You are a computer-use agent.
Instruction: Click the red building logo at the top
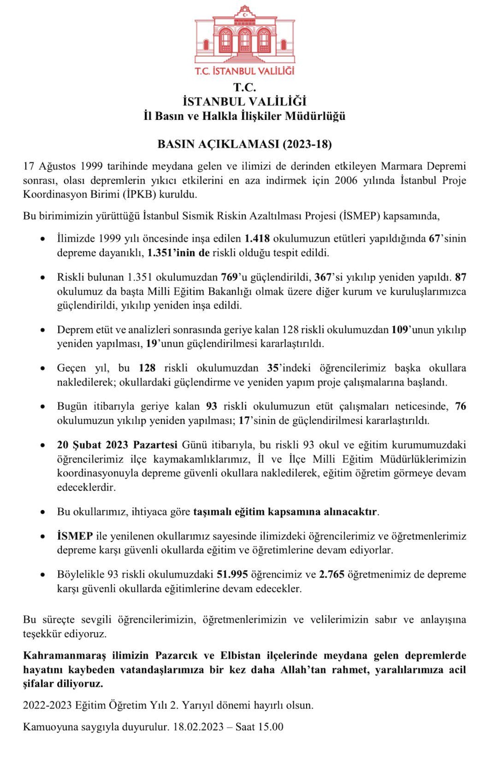pos(244,34)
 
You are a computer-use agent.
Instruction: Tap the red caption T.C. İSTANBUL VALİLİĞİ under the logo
pos(244,71)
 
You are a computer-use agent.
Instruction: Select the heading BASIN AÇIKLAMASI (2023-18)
pos(244,144)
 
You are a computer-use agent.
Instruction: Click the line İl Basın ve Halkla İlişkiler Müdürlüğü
pos(244,116)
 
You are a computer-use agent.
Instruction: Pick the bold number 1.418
pos(257,238)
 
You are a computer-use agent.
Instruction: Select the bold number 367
pos(323,277)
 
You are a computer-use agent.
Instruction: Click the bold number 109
pos(399,329)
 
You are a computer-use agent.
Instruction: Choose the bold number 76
pos(460,406)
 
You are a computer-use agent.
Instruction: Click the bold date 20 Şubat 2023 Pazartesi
pos(117,445)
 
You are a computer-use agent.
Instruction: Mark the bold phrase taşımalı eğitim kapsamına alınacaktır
pos(286,512)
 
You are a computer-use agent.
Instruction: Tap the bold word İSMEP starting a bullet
pos(75,536)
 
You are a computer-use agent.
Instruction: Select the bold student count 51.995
pos(232,574)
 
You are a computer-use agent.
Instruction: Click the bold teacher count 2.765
pos(332,574)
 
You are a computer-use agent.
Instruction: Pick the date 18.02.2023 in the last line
pos(198,727)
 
